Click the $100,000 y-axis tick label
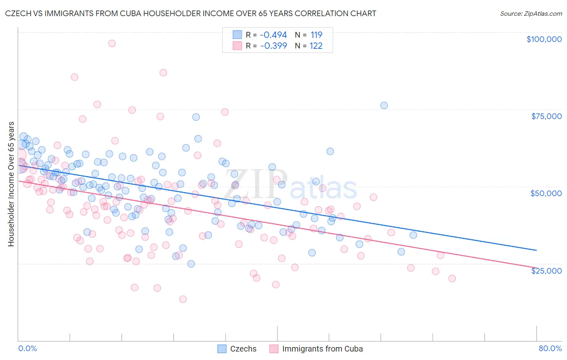click(544, 39)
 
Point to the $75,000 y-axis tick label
click(546, 116)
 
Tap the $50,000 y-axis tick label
click(546, 193)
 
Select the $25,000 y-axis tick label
click(546, 270)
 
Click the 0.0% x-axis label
click(27, 348)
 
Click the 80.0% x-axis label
click(550, 348)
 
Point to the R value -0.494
click(273, 35)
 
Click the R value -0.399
click(273, 46)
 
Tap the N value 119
click(316, 35)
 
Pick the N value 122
click(316, 46)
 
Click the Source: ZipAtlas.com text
click(531, 13)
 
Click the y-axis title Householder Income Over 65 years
click(11, 184)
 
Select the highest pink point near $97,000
click(112, 43)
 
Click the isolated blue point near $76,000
click(384, 105)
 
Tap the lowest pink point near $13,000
click(183, 299)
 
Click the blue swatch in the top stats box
click(237, 35)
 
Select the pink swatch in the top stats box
click(237, 46)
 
